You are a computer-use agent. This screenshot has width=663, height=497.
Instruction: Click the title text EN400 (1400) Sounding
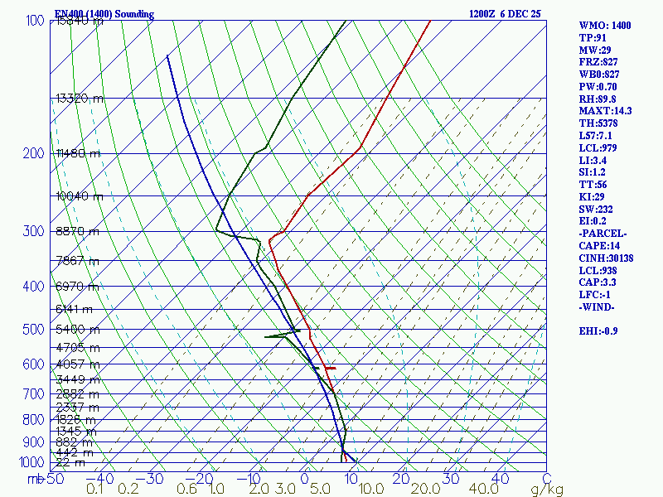pos(93,14)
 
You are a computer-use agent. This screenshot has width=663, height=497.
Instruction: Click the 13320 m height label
pos(80,99)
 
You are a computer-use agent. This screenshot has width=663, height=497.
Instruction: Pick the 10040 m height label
pos(80,196)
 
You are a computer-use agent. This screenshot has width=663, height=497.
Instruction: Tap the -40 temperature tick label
pos(100,479)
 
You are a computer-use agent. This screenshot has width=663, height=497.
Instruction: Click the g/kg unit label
pos(547,490)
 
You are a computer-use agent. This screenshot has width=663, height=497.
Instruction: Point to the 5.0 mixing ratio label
pos(322,490)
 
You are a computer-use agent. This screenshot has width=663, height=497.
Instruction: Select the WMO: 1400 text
pos(605,26)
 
